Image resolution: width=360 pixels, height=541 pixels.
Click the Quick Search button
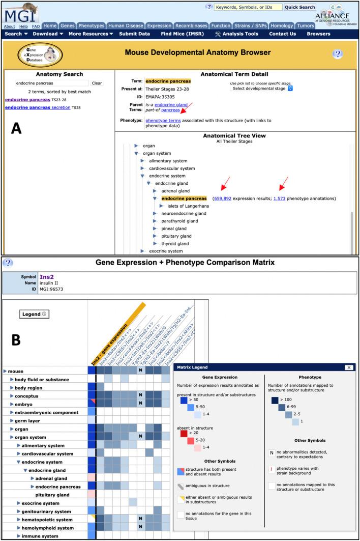pos(299,7)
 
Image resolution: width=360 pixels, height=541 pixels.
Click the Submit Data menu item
pos(134,34)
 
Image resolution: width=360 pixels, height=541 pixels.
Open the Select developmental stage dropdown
pos(262,88)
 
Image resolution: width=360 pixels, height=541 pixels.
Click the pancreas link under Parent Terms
pos(170,110)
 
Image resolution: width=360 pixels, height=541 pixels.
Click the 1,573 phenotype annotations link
pos(279,198)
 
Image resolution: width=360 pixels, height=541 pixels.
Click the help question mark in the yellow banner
pos(338,54)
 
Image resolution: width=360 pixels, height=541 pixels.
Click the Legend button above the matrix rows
pos(34,314)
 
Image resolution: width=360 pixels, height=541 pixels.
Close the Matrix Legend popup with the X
pos(349,367)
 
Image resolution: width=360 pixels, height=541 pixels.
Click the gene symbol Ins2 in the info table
pos(47,277)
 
